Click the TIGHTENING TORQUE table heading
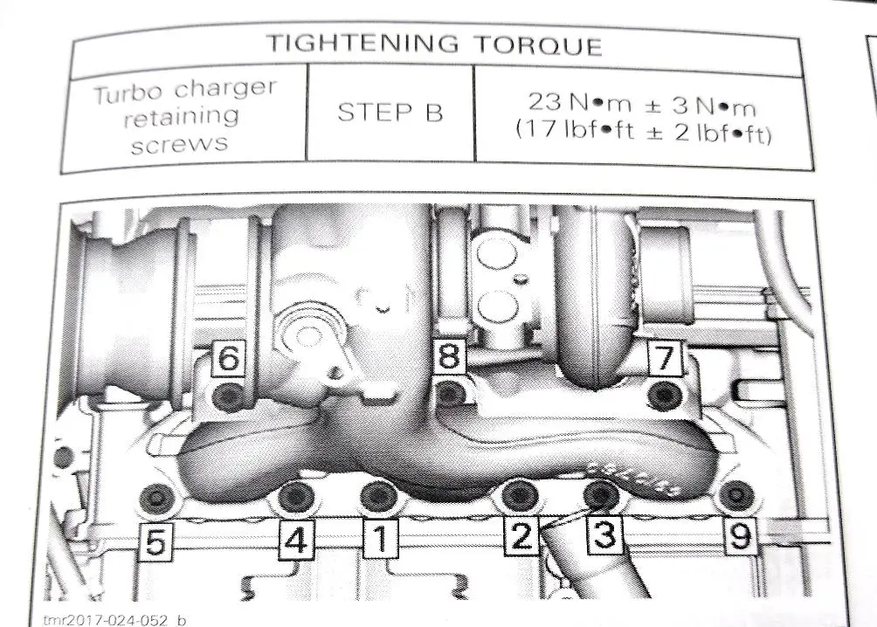(x=434, y=44)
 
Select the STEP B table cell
(x=390, y=113)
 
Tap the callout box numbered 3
(x=604, y=534)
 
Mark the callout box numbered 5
(x=155, y=542)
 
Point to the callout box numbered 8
(x=449, y=357)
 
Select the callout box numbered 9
(x=739, y=535)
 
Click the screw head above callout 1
(x=377, y=496)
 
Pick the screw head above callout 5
(x=156, y=499)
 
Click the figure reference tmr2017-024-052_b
(x=114, y=619)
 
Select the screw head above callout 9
(x=736, y=495)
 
